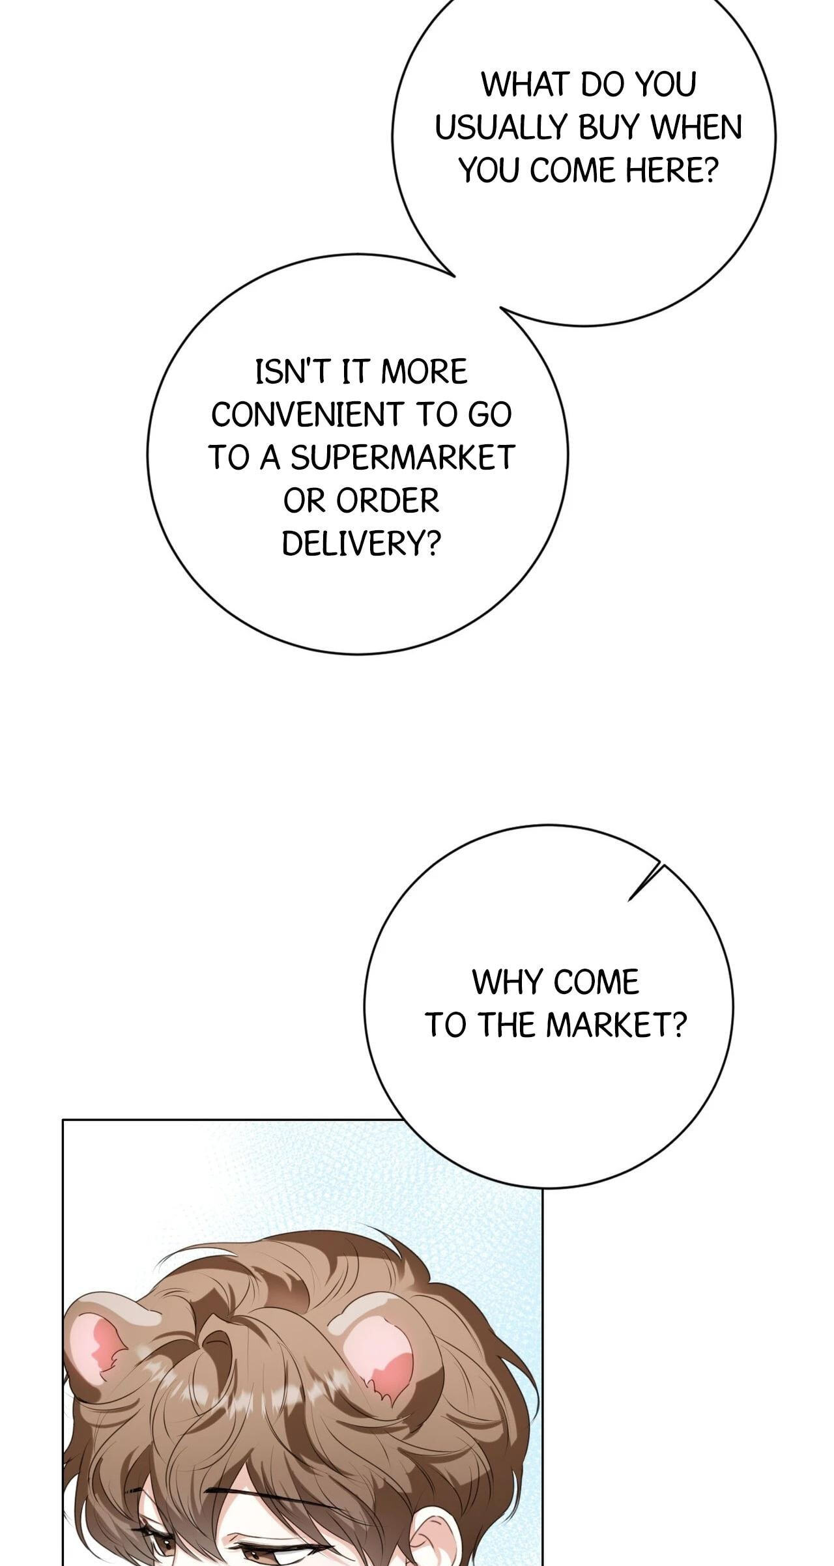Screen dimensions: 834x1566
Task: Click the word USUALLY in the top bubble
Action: click(x=501, y=128)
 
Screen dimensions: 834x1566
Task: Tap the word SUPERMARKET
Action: click(x=403, y=458)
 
